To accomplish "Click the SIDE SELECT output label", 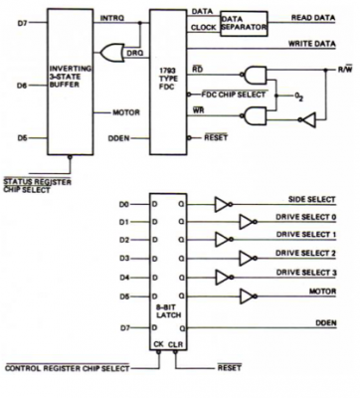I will tap(312, 200).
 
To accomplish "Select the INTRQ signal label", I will tap(113, 17).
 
